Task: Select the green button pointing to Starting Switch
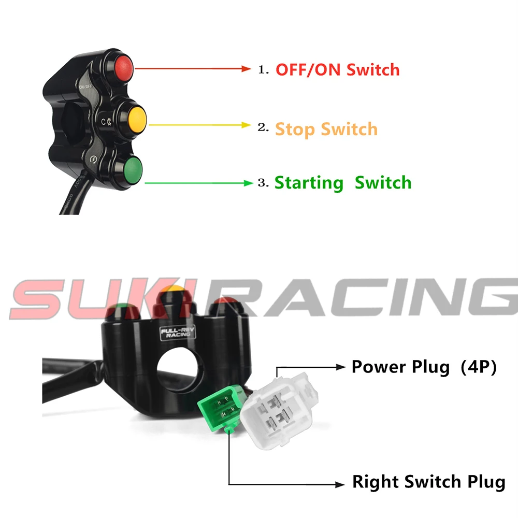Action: pyautogui.click(x=131, y=168)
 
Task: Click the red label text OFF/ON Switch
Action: pyautogui.click(x=337, y=69)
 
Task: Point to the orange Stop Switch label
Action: pyautogui.click(x=326, y=128)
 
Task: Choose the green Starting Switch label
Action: pyautogui.click(x=342, y=183)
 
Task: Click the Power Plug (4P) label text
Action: pyautogui.click(x=424, y=367)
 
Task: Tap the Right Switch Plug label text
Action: pyautogui.click(x=428, y=482)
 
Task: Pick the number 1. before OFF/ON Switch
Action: pyautogui.click(x=264, y=69)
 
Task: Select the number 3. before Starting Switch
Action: pyautogui.click(x=264, y=183)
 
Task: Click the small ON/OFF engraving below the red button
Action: pyautogui.click(x=85, y=87)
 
